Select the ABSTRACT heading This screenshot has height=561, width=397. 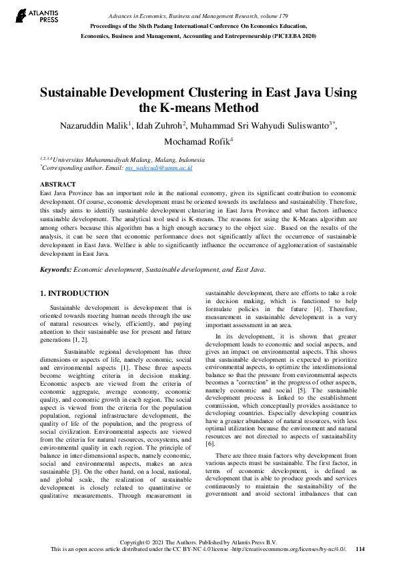coord(58,183)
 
